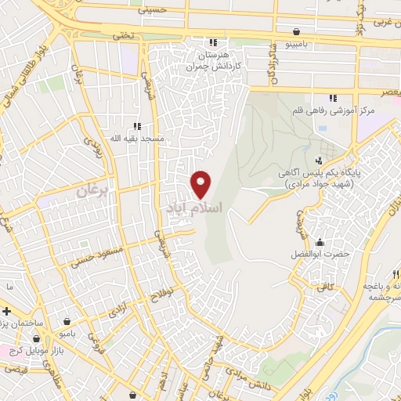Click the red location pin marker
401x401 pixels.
point(201,183)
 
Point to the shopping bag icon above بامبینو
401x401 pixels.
point(296,32)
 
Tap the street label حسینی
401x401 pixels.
point(153,11)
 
